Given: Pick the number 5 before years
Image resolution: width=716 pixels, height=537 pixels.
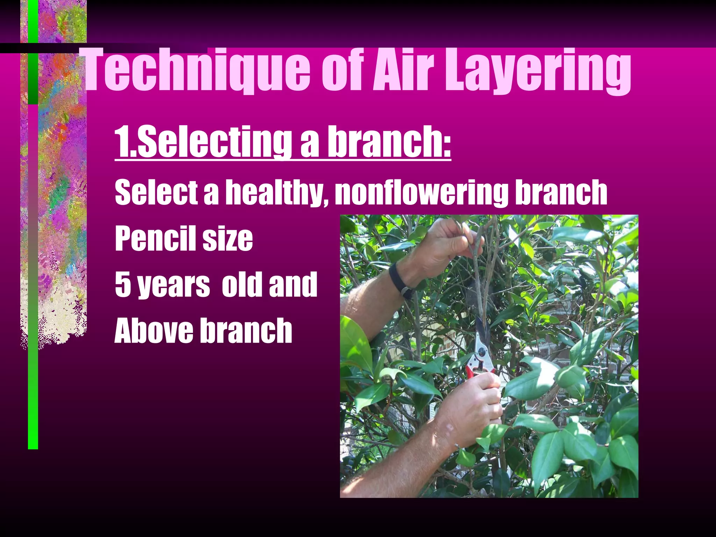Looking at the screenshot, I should (x=122, y=284).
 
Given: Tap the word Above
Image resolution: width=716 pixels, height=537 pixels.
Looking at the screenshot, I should (x=153, y=330).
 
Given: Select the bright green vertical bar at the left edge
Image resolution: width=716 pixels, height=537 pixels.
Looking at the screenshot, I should (x=33, y=402).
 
